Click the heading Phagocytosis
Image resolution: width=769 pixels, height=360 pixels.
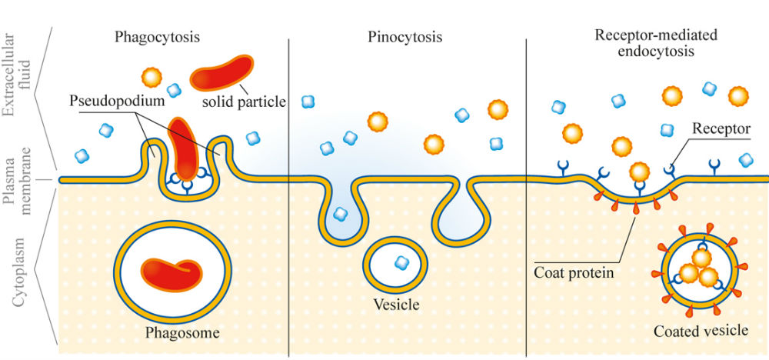click(x=158, y=38)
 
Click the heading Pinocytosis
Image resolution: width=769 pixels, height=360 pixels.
click(x=404, y=37)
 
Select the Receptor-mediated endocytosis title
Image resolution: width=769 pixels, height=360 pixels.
click(x=655, y=42)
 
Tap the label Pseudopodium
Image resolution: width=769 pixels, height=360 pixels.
click(x=117, y=102)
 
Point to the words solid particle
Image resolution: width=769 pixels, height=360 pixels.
click(x=244, y=102)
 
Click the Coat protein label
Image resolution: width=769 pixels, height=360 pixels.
click(x=574, y=273)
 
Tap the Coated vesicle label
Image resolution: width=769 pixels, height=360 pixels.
click(x=701, y=331)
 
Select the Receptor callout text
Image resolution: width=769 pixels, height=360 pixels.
click(x=721, y=129)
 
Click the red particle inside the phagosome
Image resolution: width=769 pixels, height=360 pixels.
click(x=172, y=275)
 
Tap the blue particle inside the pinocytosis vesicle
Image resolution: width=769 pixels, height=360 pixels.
click(x=401, y=263)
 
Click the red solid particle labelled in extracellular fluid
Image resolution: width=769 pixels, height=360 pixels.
click(x=221, y=72)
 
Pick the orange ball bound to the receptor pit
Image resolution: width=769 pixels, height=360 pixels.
click(x=640, y=172)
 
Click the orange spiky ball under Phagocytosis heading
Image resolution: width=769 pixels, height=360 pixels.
click(x=151, y=77)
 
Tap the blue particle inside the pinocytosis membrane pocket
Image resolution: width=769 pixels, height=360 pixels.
click(x=340, y=214)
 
